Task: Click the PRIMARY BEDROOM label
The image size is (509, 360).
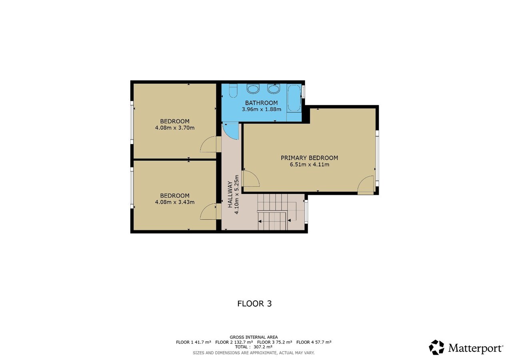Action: tap(309, 158)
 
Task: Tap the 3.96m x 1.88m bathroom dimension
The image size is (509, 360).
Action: tap(261, 109)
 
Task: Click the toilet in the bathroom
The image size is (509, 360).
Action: tap(233, 91)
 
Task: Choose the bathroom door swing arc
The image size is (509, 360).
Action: tap(230, 131)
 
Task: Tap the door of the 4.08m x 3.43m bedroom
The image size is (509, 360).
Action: tap(209, 212)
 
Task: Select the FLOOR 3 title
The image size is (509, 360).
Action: tap(254, 304)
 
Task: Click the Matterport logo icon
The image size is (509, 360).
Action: tap(436, 347)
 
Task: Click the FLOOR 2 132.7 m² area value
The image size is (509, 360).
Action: tap(234, 342)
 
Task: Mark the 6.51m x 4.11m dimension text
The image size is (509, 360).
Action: tap(309, 164)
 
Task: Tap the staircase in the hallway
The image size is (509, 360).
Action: tap(275, 212)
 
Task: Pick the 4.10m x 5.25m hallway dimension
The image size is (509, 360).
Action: tap(237, 195)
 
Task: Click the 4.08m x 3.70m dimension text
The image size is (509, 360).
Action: tap(175, 128)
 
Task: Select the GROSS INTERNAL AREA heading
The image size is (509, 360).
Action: tap(254, 337)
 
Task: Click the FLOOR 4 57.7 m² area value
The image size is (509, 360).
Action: tap(314, 342)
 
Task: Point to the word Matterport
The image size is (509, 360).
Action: tap(475, 348)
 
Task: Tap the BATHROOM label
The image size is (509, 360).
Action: tap(261, 103)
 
